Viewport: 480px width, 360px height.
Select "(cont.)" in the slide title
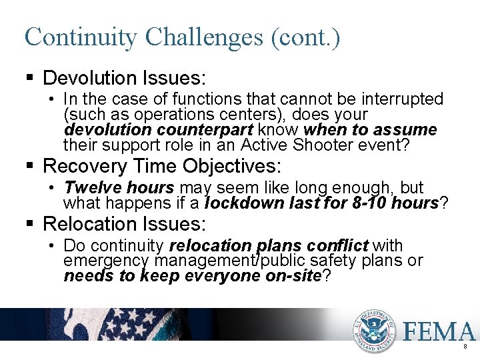point(306,37)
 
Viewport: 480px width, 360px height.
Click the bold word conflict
point(344,246)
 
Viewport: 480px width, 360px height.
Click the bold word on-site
point(294,275)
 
